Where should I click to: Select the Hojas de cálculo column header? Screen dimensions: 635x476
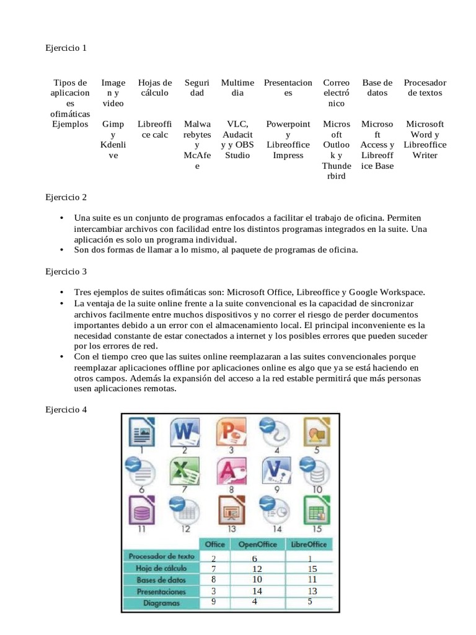(x=154, y=88)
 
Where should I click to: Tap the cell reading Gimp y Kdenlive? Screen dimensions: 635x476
(x=113, y=140)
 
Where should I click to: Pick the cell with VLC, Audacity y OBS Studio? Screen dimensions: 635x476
(x=237, y=140)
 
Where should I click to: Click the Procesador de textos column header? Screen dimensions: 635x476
(x=425, y=88)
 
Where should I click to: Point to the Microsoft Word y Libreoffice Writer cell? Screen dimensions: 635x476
(x=425, y=140)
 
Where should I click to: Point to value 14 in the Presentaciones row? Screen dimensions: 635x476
(x=256, y=590)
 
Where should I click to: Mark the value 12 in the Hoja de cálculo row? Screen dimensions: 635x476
(x=256, y=569)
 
